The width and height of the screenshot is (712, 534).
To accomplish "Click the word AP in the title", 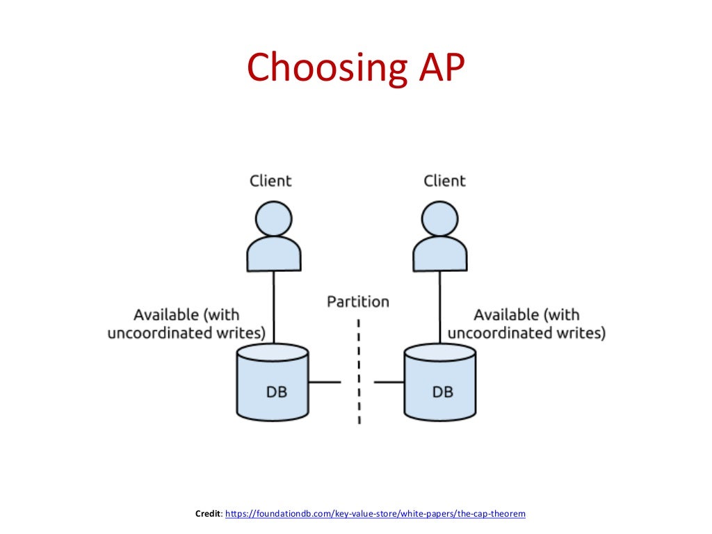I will (x=436, y=68).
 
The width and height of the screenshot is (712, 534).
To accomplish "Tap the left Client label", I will (x=270, y=181).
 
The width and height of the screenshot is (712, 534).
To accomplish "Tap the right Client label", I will (x=444, y=181).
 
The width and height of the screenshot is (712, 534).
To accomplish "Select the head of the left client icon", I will (x=273, y=219).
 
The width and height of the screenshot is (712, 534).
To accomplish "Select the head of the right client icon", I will (x=440, y=219).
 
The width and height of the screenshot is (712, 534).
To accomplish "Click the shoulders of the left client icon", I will (x=273, y=254).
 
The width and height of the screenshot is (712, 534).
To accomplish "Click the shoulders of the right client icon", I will (x=440, y=254).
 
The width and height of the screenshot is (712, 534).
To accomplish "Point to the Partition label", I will (x=358, y=301).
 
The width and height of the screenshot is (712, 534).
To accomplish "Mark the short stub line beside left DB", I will (x=325, y=382).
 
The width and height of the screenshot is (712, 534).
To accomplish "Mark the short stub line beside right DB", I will (x=389, y=382).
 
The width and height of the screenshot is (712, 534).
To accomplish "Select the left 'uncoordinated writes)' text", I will (x=186, y=333).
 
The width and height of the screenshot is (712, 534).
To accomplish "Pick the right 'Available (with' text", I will (x=526, y=314).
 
